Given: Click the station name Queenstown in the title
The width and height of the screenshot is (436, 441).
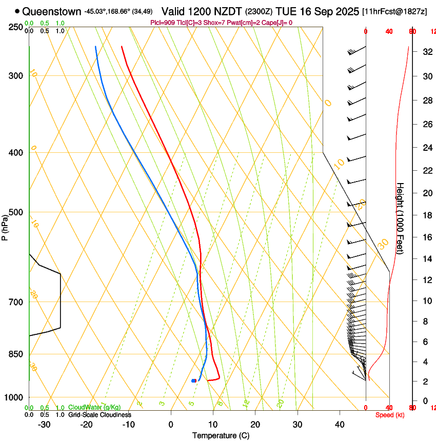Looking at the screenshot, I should tap(51, 11).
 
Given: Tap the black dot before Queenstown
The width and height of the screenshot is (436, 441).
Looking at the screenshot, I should tap(17, 11).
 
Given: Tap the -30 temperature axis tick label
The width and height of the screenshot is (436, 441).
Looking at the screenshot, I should tap(44, 424).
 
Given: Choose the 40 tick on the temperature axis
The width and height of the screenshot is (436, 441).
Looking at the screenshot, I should tap(340, 424).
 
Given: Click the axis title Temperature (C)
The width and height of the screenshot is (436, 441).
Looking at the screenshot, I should tap(221, 435).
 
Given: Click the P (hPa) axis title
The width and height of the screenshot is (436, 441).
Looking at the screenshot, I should tap(5, 227).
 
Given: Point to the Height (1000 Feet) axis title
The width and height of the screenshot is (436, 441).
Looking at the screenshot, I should tap(400, 223).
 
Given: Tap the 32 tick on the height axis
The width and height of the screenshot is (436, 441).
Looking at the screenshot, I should tap(426, 52).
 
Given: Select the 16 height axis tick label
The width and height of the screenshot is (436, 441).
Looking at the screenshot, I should tap(426, 237).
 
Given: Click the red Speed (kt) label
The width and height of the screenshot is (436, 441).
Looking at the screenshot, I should tap(390, 415).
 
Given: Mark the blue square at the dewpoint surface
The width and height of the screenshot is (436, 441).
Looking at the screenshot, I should tap(194, 380).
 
